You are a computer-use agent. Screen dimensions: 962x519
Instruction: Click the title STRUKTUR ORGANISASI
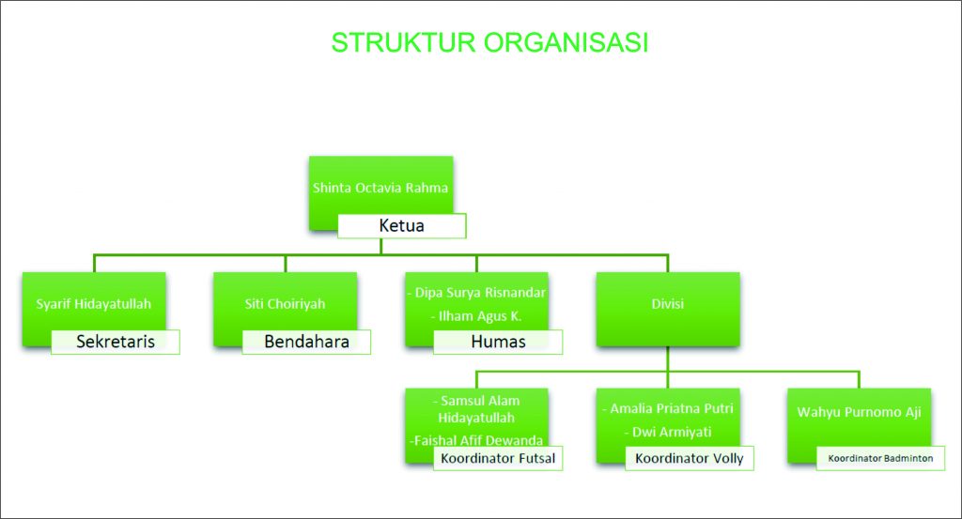pos(489,43)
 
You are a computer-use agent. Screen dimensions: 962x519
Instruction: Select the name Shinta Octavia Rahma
pos(380,188)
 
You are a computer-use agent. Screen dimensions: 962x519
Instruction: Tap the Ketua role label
pos(401,225)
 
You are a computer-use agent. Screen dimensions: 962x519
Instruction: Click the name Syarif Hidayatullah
pos(93,304)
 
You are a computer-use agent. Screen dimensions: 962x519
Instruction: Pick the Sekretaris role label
pos(116,342)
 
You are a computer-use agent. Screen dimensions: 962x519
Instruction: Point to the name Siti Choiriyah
pos(285,304)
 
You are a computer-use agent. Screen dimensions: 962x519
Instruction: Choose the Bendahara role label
pos(307,342)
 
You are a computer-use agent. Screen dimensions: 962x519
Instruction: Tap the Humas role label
pos(498,342)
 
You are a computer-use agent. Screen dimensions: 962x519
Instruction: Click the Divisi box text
pos(668,304)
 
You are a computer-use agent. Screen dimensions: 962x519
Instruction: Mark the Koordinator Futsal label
pos(498,458)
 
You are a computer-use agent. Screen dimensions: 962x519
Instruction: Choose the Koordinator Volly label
pos(689,458)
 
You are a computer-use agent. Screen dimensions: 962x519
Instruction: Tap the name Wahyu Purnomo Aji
pos(859,412)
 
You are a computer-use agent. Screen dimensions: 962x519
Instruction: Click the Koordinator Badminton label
pos(880,458)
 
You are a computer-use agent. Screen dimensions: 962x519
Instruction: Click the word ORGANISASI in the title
pos(566,43)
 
